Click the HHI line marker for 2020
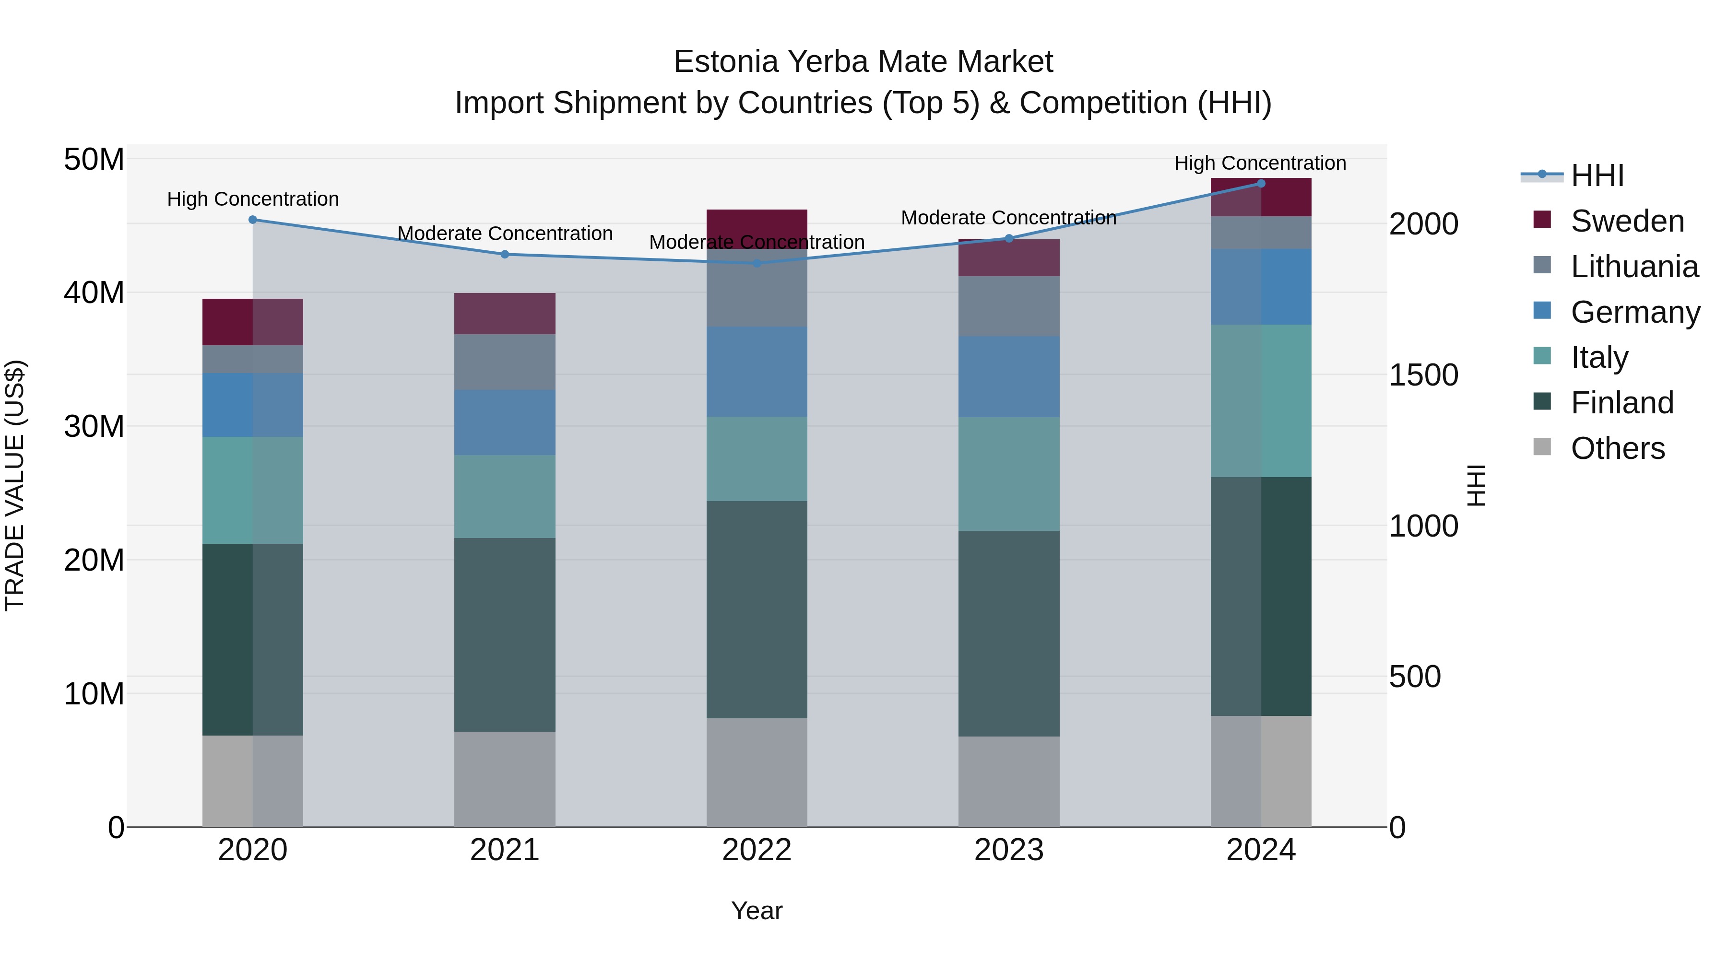(x=253, y=220)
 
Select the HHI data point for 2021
(x=505, y=255)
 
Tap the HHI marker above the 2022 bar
(x=757, y=263)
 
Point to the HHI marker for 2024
(x=1261, y=184)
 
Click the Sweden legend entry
(x=1627, y=221)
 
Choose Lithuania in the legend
(x=1634, y=267)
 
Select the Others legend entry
(x=1617, y=448)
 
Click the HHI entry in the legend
(x=1597, y=175)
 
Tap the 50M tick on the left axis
(x=94, y=160)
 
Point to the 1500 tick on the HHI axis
(x=1423, y=375)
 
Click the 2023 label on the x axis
(x=1009, y=850)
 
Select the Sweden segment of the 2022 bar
(x=757, y=229)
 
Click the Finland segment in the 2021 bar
(x=505, y=634)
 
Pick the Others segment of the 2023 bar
(x=1009, y=782)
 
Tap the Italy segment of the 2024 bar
(x=1261, y=401)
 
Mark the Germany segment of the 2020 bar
(x=253, y=405)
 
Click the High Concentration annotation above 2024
(x=1260, y=163)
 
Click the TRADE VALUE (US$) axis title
(x=15, y=485)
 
